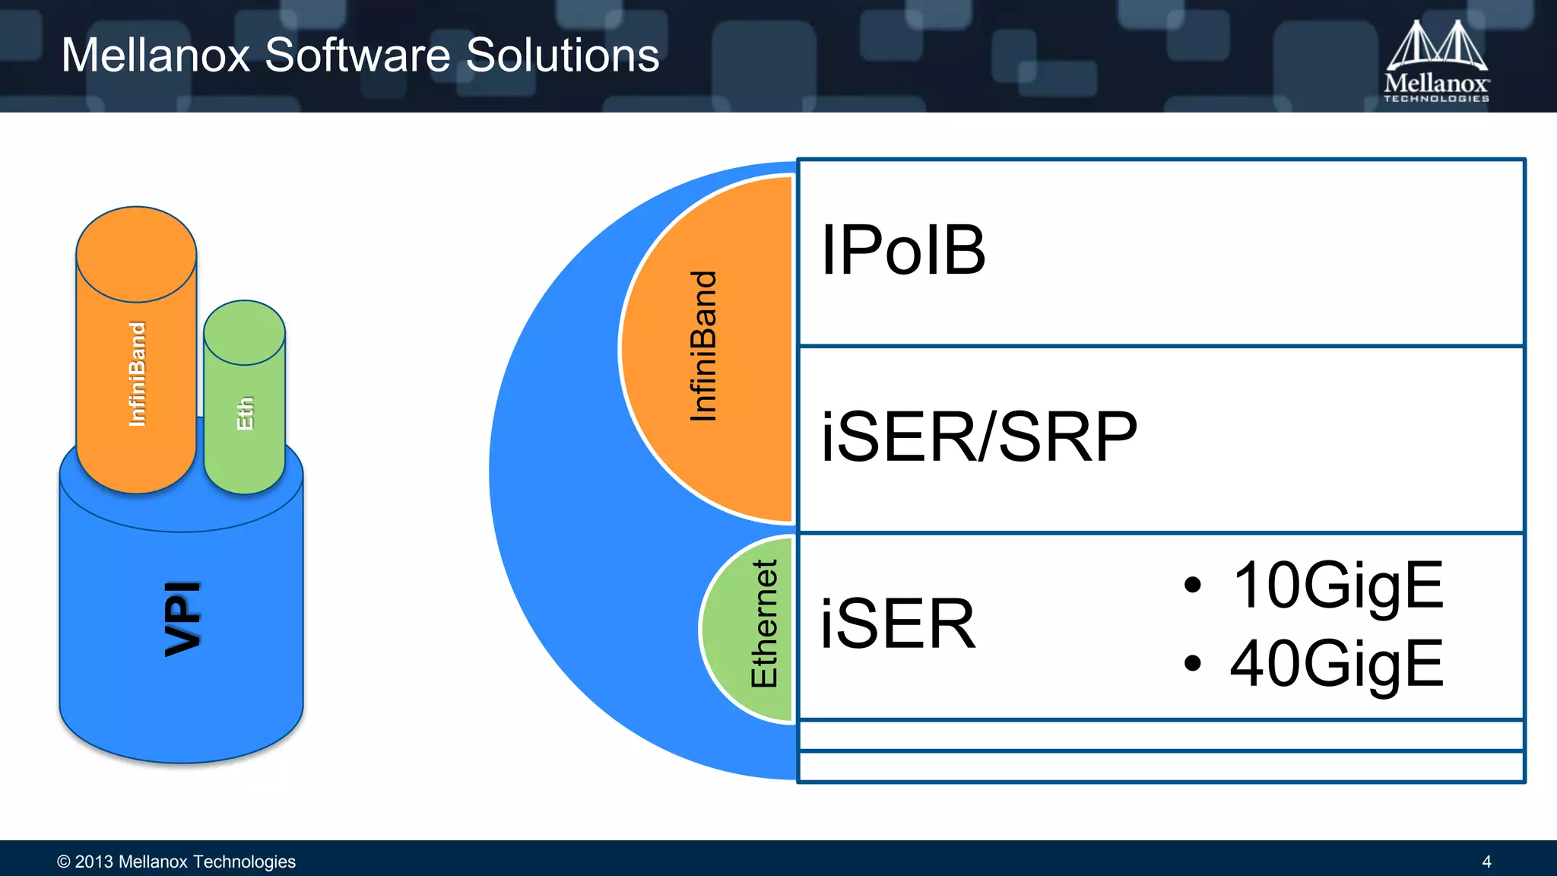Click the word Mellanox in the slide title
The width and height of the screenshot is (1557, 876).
pyautogui.click(x=156, y=56)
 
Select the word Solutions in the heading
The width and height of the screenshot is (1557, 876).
pyautogui.click(x=563, y=56)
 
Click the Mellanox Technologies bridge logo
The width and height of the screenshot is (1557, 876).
pyautogui.click(x=1436, y=61)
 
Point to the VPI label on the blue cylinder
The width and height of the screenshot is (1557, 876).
pyautogui.click(x=183, y=618)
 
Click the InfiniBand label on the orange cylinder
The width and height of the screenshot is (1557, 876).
pyautogui.click(x=137, y=373)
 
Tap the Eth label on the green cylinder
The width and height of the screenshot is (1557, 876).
pyautogui.click(x=245, y=413)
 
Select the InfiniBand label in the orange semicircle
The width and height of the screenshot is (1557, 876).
pyautogui.click(x=703, y=346)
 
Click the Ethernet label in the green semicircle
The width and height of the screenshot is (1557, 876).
pyautogui.click(x=764, y=624)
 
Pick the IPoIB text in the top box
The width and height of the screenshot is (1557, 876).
pyautogui.click(x=903, y=250)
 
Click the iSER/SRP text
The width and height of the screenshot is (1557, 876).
pyautogui.click(x=979, y=436)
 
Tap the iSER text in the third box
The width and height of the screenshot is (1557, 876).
pyautogui.click(x=898, y=624)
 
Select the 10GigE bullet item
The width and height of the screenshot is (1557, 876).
pyautogui.click(x=1337, y=585)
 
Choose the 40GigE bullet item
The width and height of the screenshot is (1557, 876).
pyautogui.click(x=1337, y=663)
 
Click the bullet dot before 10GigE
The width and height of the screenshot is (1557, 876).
pyautogui.click(x=1192, y=585)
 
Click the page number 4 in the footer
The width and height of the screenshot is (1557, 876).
pyautogui.click(x=1486, y=862)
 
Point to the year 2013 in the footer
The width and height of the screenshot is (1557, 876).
pyautogui.click(x=94, y=862)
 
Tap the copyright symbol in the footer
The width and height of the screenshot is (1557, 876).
pyautogui.click(x=64, y=862)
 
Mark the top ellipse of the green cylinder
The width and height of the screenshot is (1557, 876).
pyautogui.click(x=245, y=333)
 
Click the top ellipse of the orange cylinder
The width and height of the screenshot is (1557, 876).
pyautogui.click(x=137, y=254)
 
